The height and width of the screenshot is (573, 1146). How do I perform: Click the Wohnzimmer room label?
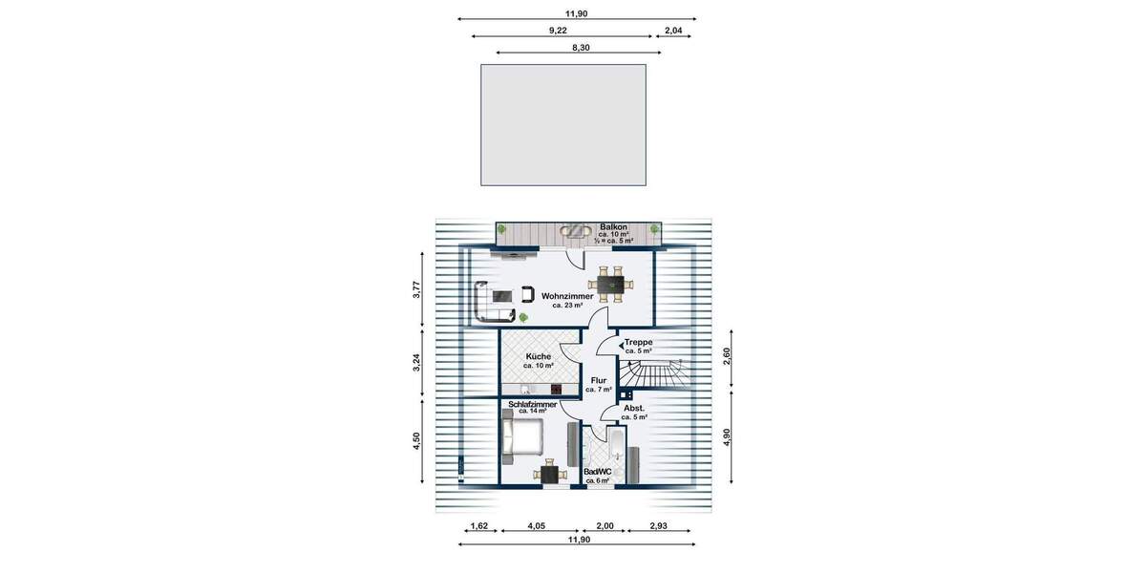[x=567, y=297]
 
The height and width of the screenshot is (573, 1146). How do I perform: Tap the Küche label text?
[x=538, y=356]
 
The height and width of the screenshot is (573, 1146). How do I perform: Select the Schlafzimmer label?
[x=533, y=405]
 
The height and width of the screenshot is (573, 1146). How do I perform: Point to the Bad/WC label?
[x=597, y=472]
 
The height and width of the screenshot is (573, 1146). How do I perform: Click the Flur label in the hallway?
[x=599, y=380]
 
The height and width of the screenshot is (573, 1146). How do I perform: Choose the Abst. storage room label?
[x=634, y=408]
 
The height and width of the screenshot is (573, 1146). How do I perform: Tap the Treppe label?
[x=638, y=342]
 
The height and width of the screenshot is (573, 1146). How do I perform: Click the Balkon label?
[x=613, y=226]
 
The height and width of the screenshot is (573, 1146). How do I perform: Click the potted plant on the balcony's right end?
[x=654, y=229]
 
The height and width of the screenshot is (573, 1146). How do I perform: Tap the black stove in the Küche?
[x=556, y=388]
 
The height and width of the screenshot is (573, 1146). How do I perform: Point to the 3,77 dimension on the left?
[x=417, y=290]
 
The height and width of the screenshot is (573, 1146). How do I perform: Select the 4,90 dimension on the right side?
[x=727, y=436]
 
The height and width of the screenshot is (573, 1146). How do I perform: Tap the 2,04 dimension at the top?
[x=672, y=31]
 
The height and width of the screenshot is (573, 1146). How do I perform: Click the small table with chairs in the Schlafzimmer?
[x=549, y=473]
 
